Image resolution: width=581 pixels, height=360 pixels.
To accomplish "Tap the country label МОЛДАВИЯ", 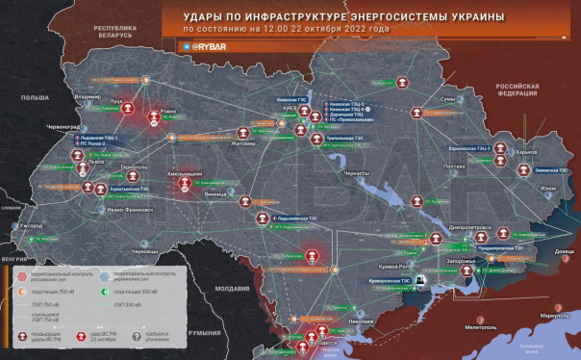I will pos(233,289).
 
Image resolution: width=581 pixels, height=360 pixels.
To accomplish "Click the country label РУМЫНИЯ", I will pos(204,332).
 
